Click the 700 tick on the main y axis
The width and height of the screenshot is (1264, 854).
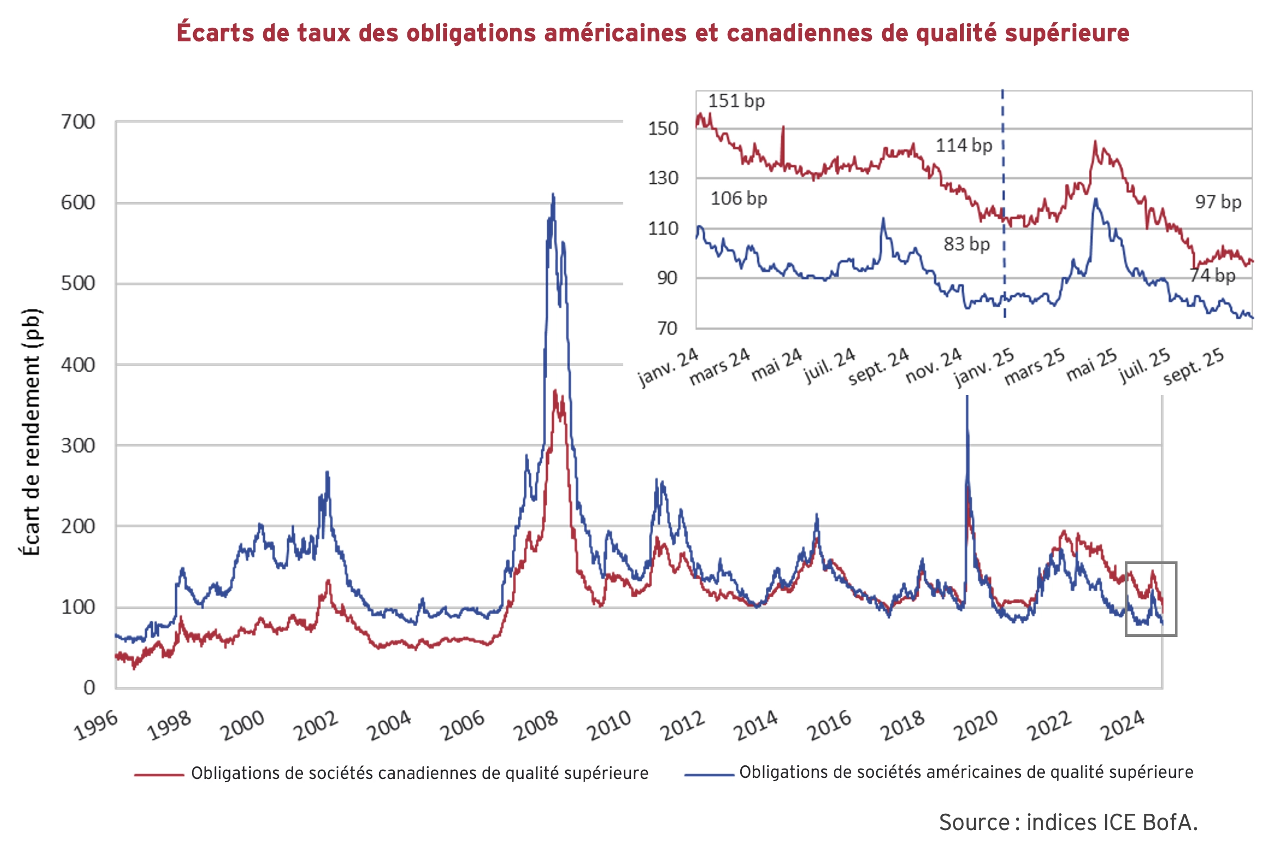click(78, 122)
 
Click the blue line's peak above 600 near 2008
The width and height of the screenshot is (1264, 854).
click(553, 194)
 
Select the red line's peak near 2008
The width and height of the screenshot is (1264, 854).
click(555, 391)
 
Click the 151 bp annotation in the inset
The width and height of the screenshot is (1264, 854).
click(736, 101)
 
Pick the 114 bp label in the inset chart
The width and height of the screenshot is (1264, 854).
click(964, 145)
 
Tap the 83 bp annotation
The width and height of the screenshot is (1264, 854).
click(966, 244)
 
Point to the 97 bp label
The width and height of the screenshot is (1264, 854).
click(1218, 202)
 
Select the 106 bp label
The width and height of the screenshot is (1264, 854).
click(739, 199)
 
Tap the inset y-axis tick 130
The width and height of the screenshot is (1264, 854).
click(663, 178)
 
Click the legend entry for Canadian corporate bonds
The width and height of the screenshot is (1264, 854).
click(419, 773)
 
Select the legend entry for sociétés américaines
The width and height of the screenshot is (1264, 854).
click(965, 772)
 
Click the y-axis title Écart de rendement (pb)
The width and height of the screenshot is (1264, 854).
click(31, 432)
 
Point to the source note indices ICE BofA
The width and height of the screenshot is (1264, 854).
click(1068, 822)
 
